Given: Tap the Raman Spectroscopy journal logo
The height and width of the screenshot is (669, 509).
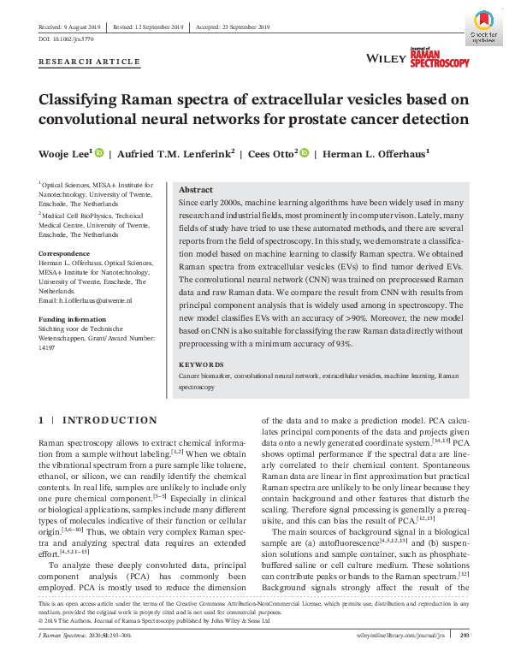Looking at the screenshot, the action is pos(439,57).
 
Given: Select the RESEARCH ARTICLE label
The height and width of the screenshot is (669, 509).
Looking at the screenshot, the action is pos(89,62).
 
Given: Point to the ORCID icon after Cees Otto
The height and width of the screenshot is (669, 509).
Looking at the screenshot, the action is pos(305,153).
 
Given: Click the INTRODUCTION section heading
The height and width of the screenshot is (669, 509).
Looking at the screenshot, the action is pos(110,420).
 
